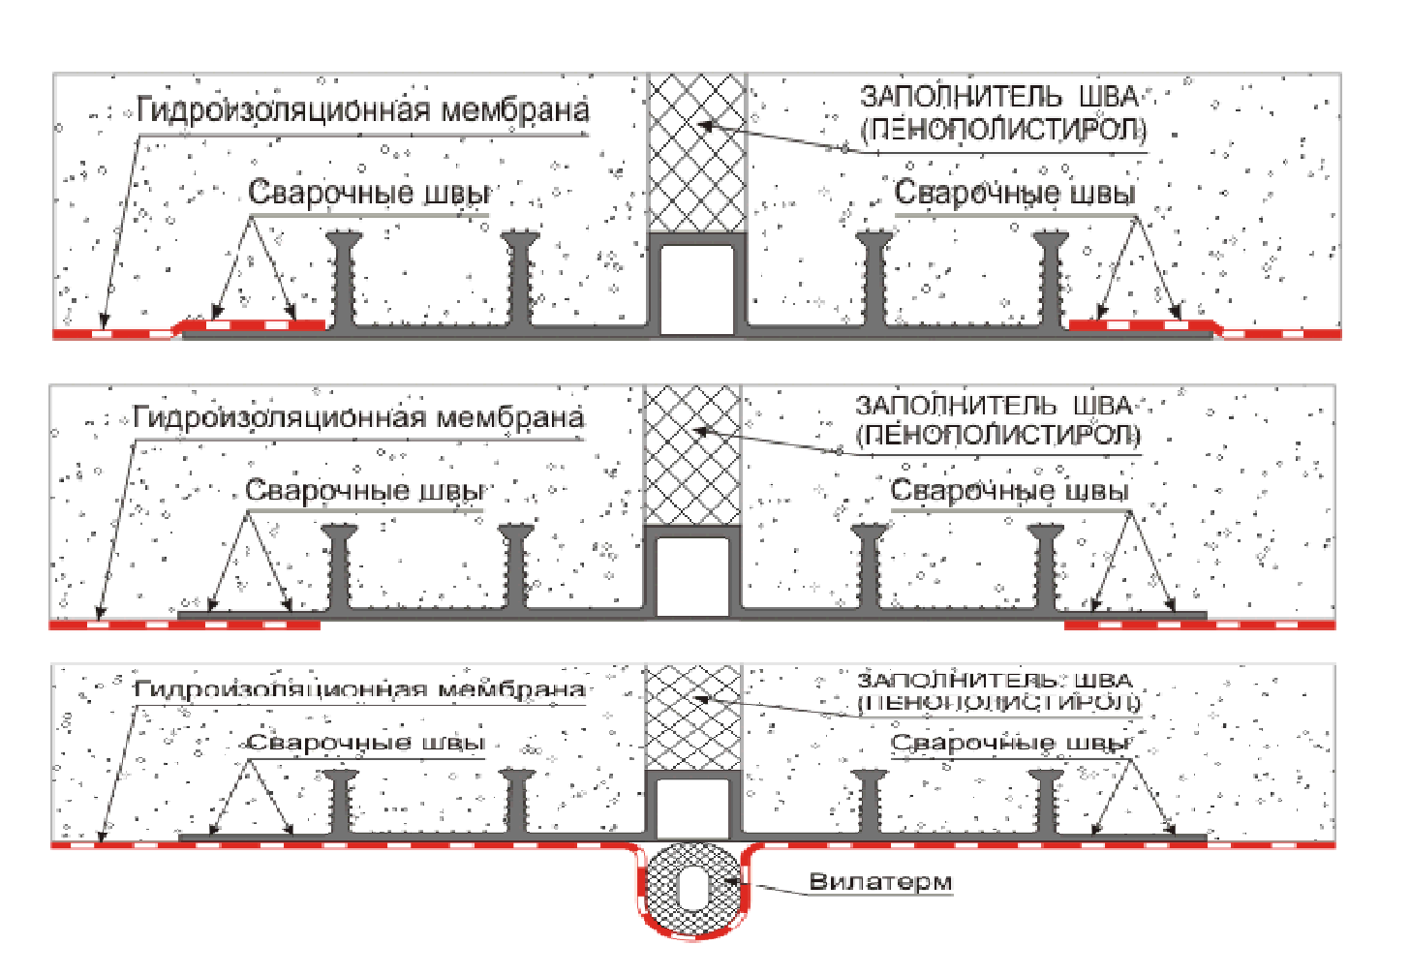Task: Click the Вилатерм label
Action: [x=879, y=882]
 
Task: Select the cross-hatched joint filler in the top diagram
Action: [x=696, y=153]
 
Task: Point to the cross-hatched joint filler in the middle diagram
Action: [x=692, y=455]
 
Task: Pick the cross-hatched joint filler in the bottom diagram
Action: [x=692, y=717]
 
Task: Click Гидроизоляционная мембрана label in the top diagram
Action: [x=362, y=110]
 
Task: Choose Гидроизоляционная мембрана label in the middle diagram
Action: [x=358, y=418]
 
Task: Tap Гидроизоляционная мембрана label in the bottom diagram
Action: [x=358, y=689]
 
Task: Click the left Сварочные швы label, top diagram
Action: [x=368, y=193]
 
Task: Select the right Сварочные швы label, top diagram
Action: [x=1014, y=193]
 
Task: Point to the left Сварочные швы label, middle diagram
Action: [x=364, y=491]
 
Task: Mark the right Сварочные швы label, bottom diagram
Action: [x=1010, y=744]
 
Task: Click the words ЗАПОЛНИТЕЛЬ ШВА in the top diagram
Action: [x=998, y=97]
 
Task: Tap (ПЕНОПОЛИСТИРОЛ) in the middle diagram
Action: [x=997, y=435]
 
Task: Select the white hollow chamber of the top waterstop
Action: [x=696, y=289]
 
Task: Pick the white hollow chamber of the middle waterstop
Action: [x=692, y=576]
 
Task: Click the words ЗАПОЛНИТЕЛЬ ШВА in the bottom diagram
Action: [x=995, y=681]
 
